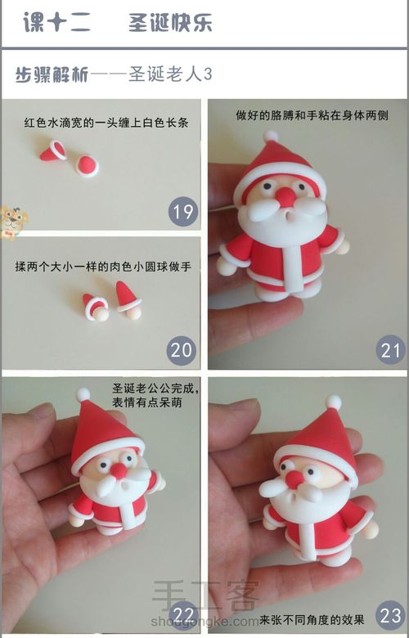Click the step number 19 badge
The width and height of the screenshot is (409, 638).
click(183, 213)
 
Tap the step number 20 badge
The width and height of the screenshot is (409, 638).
click(182, 351)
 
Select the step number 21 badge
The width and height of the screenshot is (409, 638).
click(391, 351)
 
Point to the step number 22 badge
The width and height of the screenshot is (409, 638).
click(183, 614)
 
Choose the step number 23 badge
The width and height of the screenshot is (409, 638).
click(391, 614)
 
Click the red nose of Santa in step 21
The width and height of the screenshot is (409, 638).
click(285, 196)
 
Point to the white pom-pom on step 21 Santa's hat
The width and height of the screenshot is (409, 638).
click(271, 136)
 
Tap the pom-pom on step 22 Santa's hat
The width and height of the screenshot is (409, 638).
click(83, 395)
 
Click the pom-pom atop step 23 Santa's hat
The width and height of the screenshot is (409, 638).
click(333, 402)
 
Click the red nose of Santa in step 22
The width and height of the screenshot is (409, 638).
click(119, 470)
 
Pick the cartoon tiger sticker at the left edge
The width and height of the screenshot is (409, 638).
click(12, 221)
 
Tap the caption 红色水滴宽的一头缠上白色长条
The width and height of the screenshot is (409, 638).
click(107, 124)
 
